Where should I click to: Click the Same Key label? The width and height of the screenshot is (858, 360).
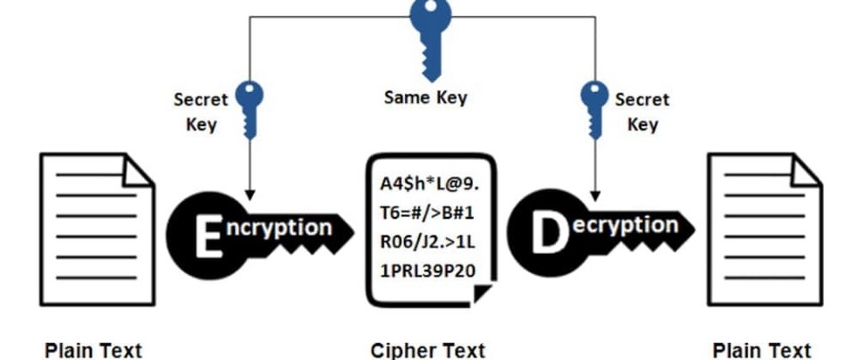(425, 96)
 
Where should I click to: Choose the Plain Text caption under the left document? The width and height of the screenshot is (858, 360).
(93, 349)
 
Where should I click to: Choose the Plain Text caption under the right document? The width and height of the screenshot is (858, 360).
(761, 349)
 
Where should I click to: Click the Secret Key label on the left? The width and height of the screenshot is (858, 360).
(201, 112)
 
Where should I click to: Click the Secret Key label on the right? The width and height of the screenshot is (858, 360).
(642, 112)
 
